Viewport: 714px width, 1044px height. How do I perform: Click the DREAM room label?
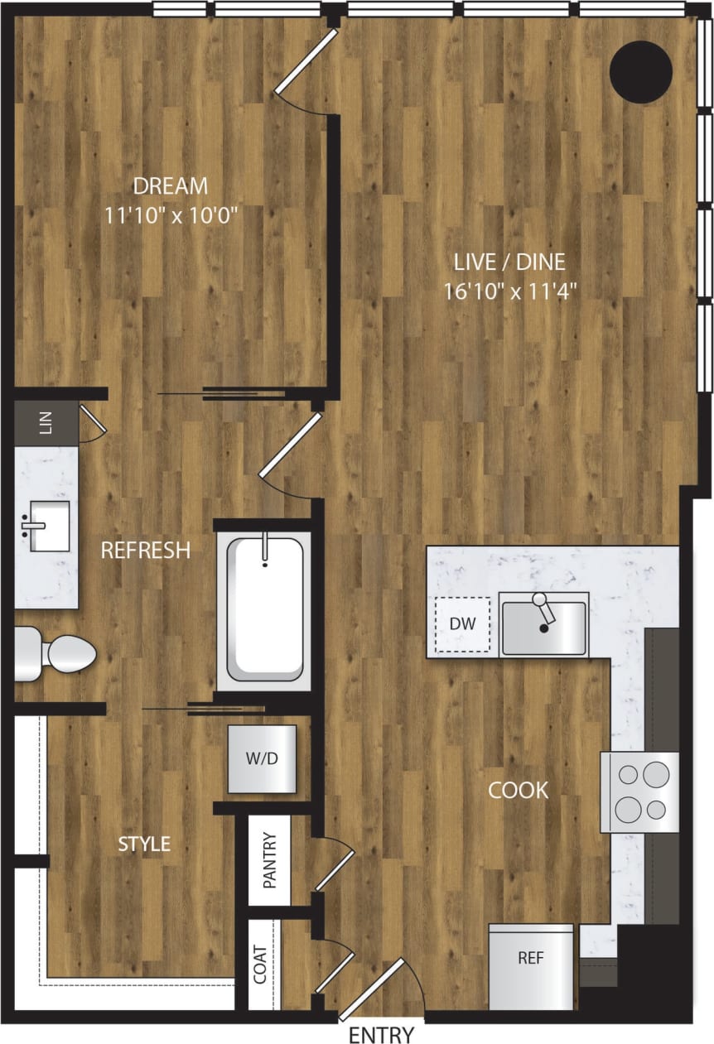(x=172, y=185)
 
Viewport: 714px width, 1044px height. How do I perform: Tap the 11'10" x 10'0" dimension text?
(x=172, y=215)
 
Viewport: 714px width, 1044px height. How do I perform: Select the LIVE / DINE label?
(x=509, y=262)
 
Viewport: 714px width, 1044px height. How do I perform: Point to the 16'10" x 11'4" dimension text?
(x=509, y=291)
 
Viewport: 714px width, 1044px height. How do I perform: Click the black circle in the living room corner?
(x=640, y=72)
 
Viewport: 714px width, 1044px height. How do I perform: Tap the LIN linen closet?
(x=46, y=424)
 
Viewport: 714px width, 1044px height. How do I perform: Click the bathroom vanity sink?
(x=46, y=526)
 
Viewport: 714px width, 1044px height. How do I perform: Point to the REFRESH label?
(x=146, y=550)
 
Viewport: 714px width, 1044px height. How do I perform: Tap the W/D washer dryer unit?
(x=262, y=759)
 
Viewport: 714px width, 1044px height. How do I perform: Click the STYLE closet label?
(x=144, y=844)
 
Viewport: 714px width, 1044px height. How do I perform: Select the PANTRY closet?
(x=270, y=861)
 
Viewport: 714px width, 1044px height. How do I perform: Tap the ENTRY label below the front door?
(x=381, y=1034)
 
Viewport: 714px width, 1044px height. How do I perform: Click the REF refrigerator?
(x=530, y=967)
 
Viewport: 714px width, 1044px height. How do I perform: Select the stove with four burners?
(x=639, y=791)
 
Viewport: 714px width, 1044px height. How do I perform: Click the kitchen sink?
(x=544, y=625)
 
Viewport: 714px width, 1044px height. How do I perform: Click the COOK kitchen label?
(x=518, y=790)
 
